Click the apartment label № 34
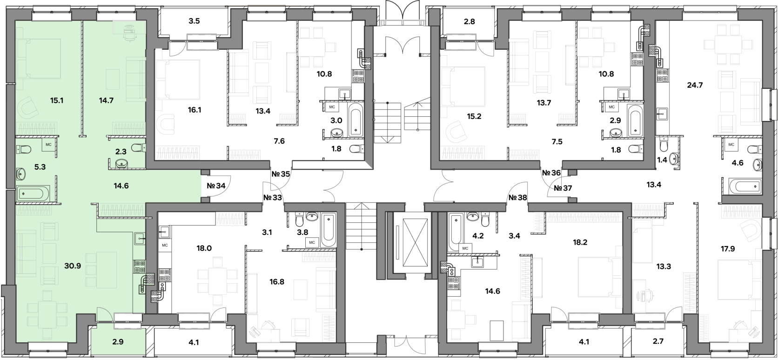click(216, 186)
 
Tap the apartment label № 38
click(517, 197)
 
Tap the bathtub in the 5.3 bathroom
click(33, 193)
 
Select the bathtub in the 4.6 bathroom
click(744, 187)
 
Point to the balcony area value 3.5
click(194, 21)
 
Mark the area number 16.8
click(276, 281)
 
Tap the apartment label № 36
click(551, 173)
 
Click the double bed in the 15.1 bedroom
click(39, 58)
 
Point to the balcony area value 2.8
click(469, 21)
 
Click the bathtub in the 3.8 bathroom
click(329, 229)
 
